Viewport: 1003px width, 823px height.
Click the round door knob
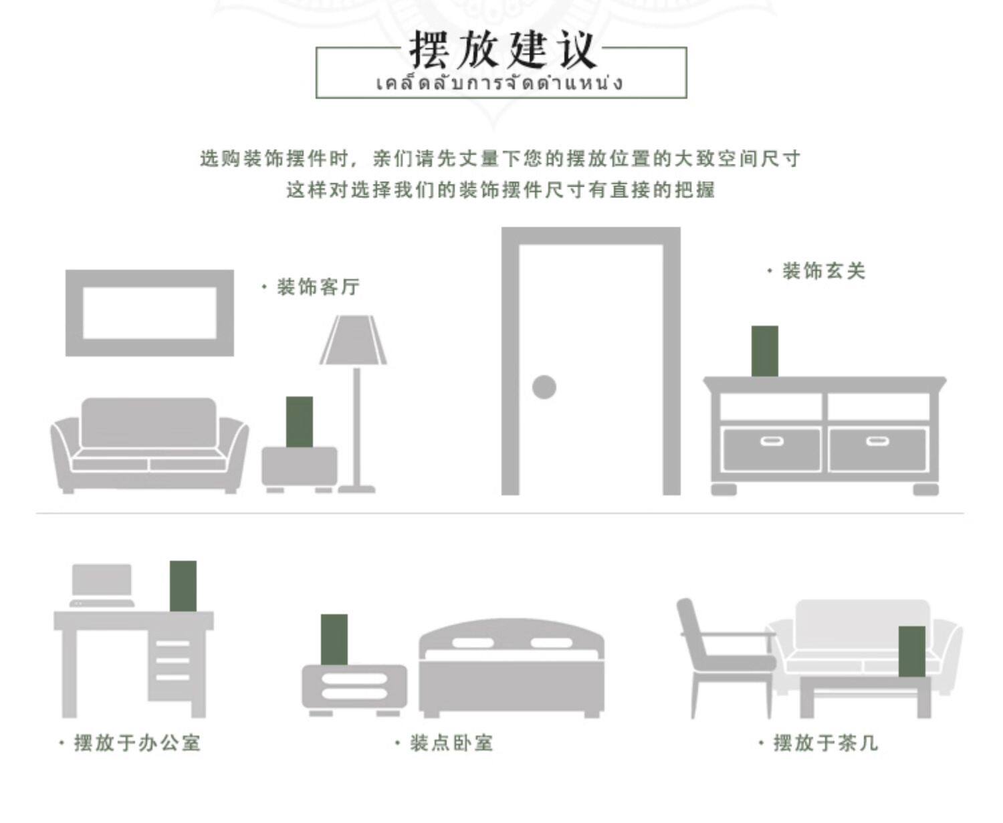click(544, 387)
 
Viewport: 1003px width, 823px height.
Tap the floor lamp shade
click(353, 341)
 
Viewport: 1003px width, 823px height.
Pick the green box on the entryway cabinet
click(764, 351)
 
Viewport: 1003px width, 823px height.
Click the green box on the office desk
click(183, 586)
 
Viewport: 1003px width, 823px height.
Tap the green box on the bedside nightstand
click(334, 639)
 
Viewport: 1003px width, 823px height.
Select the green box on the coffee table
click(911, 651)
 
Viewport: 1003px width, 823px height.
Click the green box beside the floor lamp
click(299, 421)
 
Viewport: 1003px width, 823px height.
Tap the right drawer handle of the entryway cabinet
click(877, 441)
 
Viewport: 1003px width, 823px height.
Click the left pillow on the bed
click(472, 643)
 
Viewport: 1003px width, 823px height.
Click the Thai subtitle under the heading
click(500, 84)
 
